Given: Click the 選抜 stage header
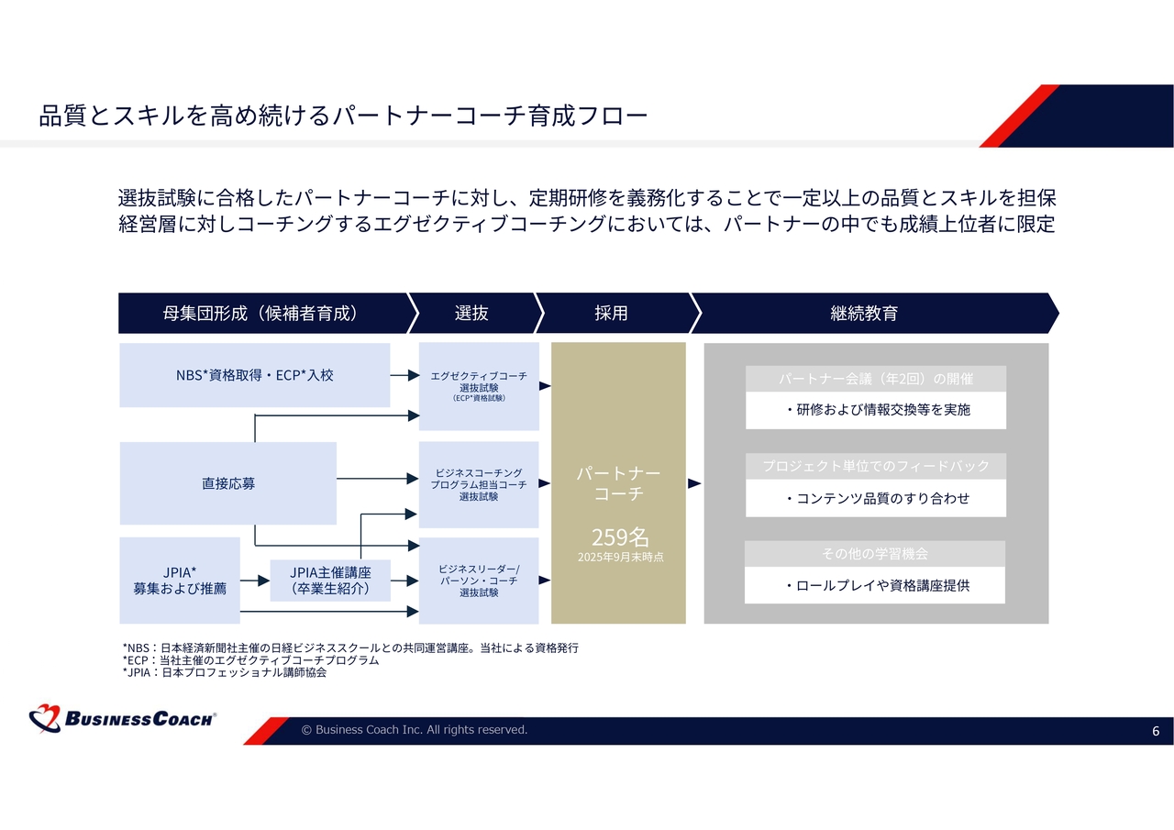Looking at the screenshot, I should click(471, 313).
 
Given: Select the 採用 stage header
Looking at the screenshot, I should click(611, 313).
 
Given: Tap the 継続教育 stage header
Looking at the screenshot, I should click(863, 313).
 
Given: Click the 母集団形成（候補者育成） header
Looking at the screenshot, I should click(260, 313).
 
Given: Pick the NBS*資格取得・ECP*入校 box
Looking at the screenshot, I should click(254, 375).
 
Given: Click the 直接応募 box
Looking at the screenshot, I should click(228, 483).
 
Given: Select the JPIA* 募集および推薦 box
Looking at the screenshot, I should click(180, 581).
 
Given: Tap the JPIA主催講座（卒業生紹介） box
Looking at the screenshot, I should click(330, 581).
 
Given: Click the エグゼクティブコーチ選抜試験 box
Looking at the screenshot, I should click(479, 386).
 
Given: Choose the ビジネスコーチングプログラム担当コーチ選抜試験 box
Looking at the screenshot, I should click(479, 484).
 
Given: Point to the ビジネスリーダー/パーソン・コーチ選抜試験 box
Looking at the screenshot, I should click(479, 581).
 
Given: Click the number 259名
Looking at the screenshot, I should click(620, 537).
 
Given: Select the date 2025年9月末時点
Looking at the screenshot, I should click(620, 557).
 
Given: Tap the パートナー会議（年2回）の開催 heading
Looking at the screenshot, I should click(876, 379).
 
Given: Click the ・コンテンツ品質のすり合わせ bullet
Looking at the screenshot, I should click(877, 499).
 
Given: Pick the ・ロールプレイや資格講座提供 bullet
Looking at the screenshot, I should click(877, 585).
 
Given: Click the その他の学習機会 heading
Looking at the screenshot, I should click(875, 554).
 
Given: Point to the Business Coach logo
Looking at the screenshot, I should click(123, 718).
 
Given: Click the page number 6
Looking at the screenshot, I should click(1156, 731).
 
